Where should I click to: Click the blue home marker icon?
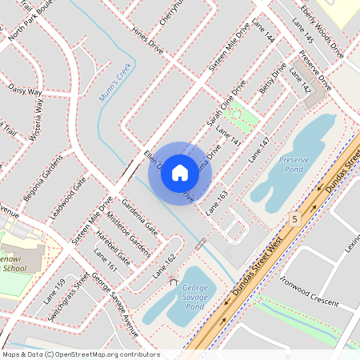click(180, 172)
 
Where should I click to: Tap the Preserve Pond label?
click(294, 165)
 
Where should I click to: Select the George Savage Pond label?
click(194, 297)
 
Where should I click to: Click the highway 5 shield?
click(295, 218)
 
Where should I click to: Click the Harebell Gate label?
click(112, 249)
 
